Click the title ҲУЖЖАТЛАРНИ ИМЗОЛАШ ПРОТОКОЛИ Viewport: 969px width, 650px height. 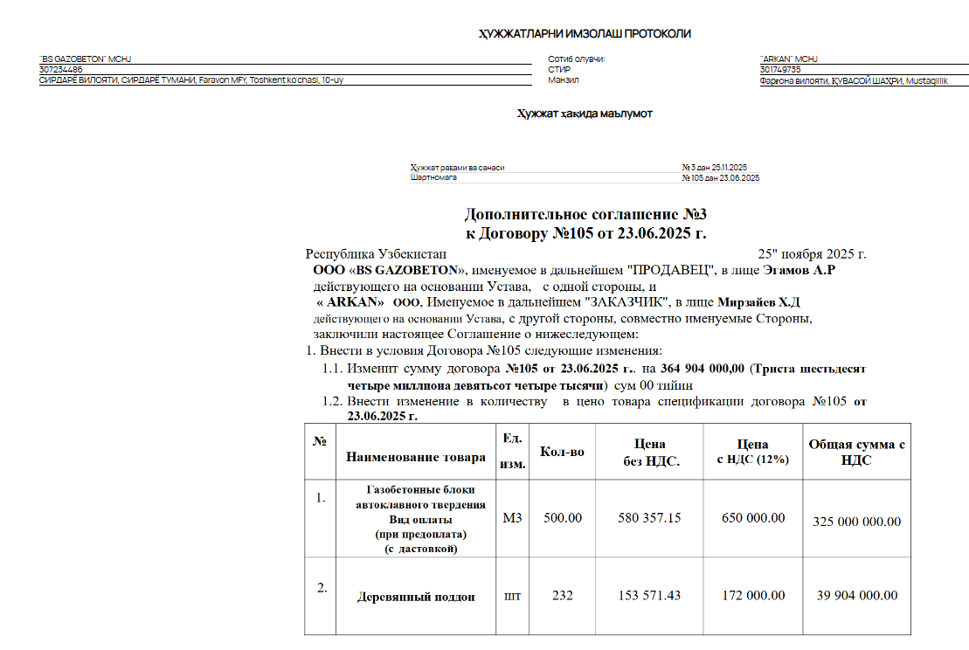pos(585,34)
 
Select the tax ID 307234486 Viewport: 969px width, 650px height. pos(61,70)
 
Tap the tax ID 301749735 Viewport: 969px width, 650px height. pos(780,70)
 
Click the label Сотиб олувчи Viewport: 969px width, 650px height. pos(576,59)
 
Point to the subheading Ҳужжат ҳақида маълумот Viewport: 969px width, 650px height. pos(585,114)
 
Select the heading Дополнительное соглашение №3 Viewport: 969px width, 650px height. pos(585,215)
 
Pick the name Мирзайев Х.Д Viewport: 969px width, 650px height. pos(765,302)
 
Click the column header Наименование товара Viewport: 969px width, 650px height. pos(415,457)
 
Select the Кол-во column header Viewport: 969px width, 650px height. pos(563,452)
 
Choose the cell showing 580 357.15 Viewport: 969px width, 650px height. pos(648,518)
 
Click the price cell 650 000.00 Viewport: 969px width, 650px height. pos(752,518)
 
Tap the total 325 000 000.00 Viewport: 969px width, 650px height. pos(856,522)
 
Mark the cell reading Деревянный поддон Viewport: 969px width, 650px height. pos(416,597)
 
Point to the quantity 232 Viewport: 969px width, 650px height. pos(562,596)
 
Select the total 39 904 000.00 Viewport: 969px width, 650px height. pos(856,596)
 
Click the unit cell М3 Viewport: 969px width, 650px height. pos(512,518)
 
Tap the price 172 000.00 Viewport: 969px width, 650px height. pos(752,596)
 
